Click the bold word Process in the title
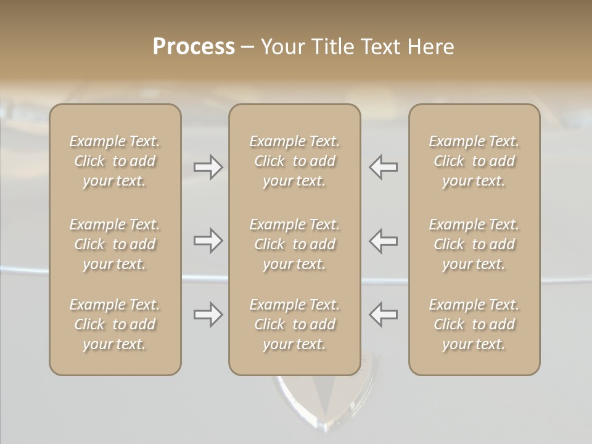coord(194,47)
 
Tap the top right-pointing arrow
coord(208,167)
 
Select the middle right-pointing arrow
coord(208,240)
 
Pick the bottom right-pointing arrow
coord(208,314)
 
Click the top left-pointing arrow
coord(383,167)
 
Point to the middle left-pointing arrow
coord(383,240)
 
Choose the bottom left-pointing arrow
coord(383,314)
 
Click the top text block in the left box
coord(115,161)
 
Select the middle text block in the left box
coord(115,244)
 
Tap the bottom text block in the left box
coord(115,324)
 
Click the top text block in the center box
coord(295,161)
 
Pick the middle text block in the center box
coord(295,244)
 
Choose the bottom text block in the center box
coord(295,324)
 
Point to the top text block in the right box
coord(474,161)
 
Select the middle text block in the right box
coord(474,244)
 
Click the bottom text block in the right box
coord(474,324)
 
